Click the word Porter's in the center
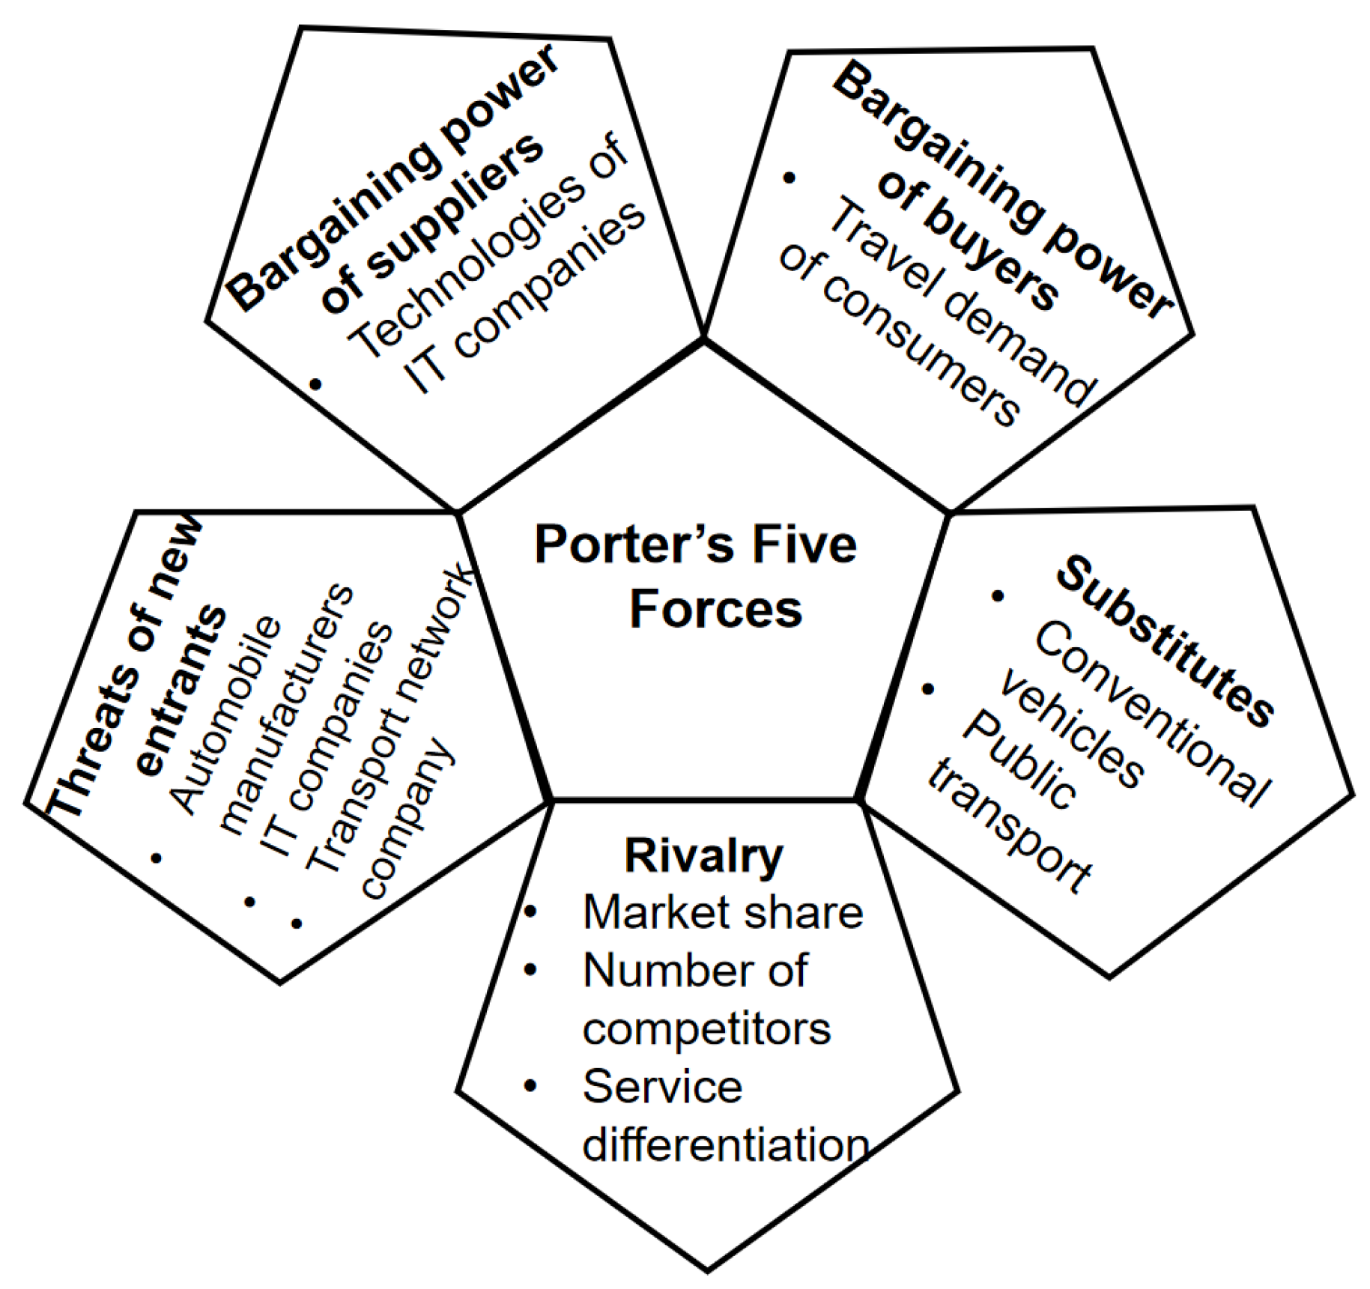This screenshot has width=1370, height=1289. coord(634,545)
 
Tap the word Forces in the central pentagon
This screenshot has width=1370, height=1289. coord(715,609)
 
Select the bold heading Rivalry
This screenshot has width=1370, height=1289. coord(703,855)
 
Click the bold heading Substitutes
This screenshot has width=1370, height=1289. coord(1166,641)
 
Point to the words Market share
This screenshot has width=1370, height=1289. coord(723,912)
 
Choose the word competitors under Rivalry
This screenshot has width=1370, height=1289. coord(706,1028)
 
